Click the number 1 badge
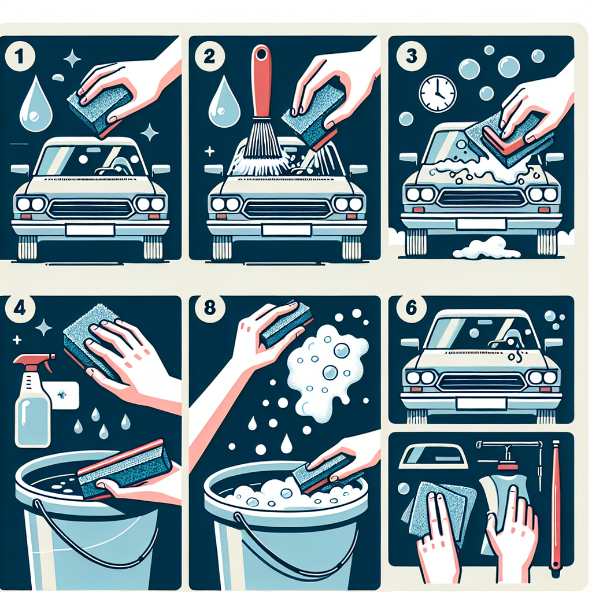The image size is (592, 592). pyautogui.click(x=20, y=57)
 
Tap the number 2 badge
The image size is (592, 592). pyautogui.click(x=209, y=57)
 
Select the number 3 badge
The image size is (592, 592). pyautogui.click(x=411, y=57)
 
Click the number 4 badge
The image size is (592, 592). pyautogui.click(x=20, y=308)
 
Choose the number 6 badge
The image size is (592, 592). pyautogui.click(x=412, y=308)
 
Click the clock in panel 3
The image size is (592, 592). pyautogui.click(x=438, y=94)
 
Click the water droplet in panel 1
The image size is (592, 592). pyautogui.click(x=36, y=104)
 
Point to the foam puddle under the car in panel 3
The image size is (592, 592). pyautogui.click(x=487, y=249)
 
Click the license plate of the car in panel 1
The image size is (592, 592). pyautogui.click(x=90, y=230)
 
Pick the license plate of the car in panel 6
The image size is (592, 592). pyautogui.click(x=481, y=404)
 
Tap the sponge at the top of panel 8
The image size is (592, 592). pyautogui.click(x=287, y=325)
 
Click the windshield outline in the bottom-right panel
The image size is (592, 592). pyautogui.click(x=434, y=456)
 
